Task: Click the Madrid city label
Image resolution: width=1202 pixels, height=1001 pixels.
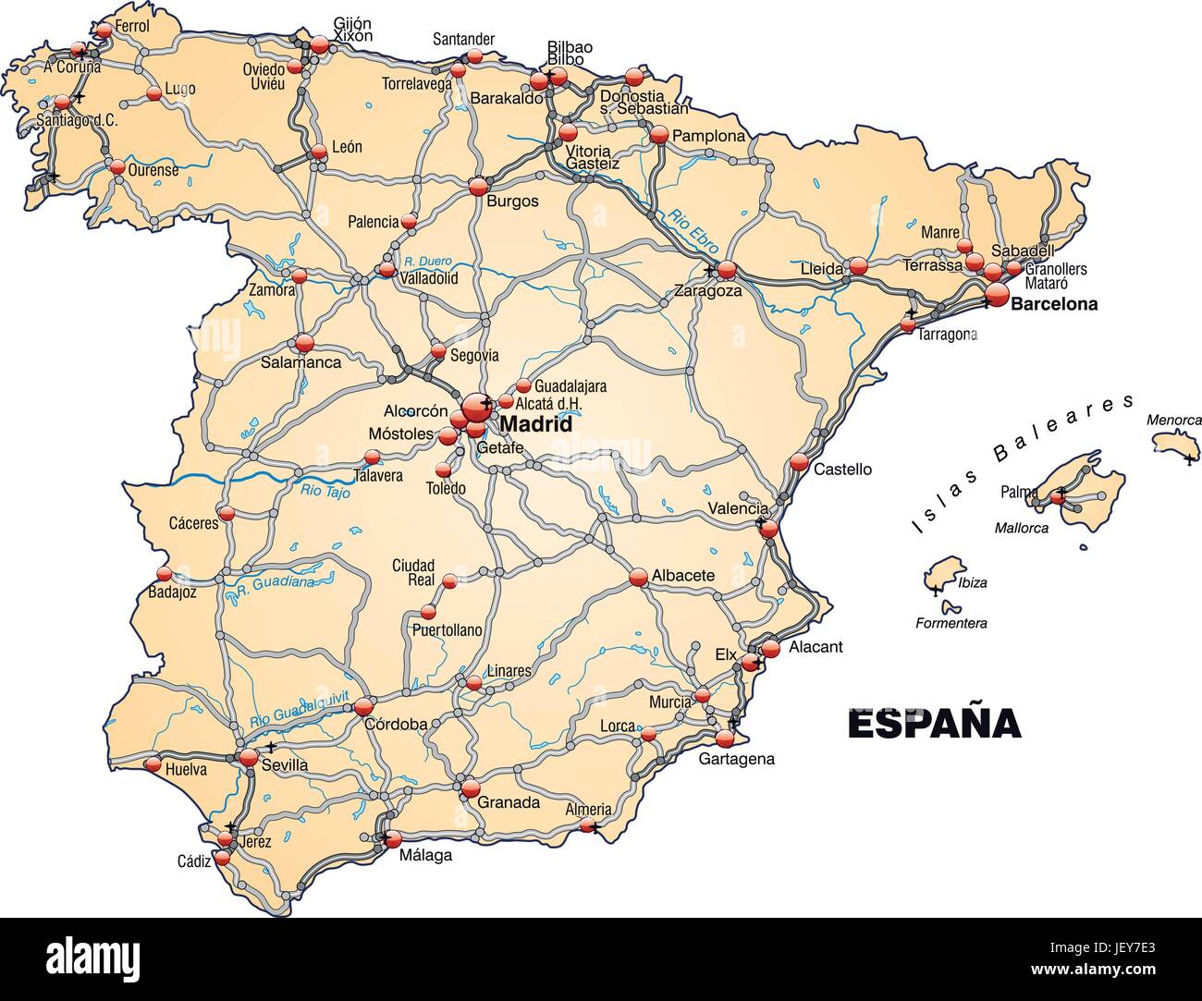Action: pyautogui.click(x=535, y=425)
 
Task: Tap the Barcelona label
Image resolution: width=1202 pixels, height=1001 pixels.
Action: pyautogui.click(x=1054, y=303)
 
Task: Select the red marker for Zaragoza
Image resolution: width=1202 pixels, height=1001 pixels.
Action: pyautogui.click(x=727, y=270)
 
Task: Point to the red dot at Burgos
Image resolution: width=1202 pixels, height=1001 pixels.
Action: pyautogui.click(x=478, y=187)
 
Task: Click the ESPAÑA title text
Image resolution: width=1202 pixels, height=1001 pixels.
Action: pyautogui.click(x=934, y=723)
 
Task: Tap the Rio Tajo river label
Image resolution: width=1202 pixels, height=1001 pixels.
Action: pyautogui.click(x=325, y=491)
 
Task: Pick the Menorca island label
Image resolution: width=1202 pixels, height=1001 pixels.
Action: pyautogui.click(x=1174, y=420)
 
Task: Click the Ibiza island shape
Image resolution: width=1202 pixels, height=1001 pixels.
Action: pyautogui.click(x=943, y=574)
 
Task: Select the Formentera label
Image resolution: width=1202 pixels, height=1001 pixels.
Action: pyautogui.click(x=951, y=623)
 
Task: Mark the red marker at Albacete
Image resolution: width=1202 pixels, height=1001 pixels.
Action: pyautogui.click(x=638, y=578)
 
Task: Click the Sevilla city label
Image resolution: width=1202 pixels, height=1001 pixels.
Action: pyautogui.click(x=284, y=765)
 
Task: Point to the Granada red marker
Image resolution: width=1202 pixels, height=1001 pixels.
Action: pyautogui.click(x=471, y=788)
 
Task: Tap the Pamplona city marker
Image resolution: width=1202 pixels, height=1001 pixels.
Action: pyautogui.click(x=658, y=135)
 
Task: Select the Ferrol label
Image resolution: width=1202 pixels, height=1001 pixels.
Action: pyautogui.click(x=133, y=26)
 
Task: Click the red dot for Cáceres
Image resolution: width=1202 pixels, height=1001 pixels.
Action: pyautogui.click(x=227, y=513)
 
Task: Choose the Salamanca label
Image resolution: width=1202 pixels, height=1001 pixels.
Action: pyautogui.click(x=300, y=362)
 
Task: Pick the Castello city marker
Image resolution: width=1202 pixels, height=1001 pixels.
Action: pyautogui.click(x=800, y=463)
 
